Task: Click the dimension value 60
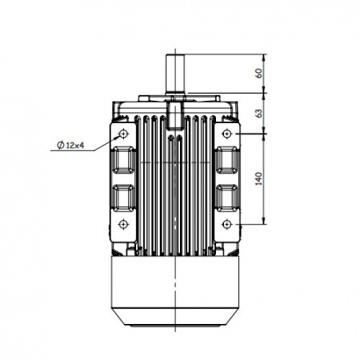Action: (258, 73)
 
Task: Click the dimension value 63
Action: (258, 113)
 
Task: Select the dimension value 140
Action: (258, 178)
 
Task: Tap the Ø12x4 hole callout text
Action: (70, 146)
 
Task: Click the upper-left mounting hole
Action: (123, 134)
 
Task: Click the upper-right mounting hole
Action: (226, 134)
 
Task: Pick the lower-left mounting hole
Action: (123, 224)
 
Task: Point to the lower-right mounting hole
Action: (226, 224)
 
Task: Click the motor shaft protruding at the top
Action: (175, 74)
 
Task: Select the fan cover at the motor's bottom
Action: (175, 290)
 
